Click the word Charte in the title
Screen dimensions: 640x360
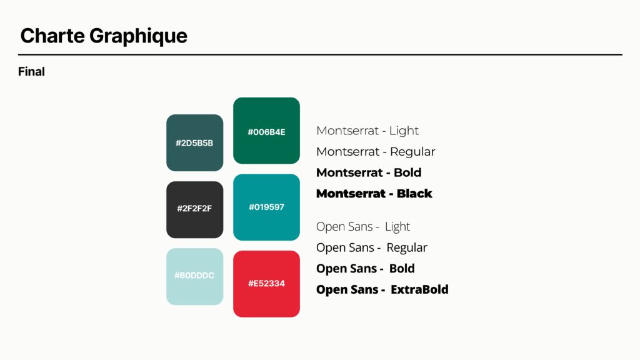point(52,36)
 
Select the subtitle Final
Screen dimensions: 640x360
point(31,71)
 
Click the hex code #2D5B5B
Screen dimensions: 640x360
point(194,143)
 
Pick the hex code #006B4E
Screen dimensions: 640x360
point(266,132)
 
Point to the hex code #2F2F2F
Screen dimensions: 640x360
point(194,208)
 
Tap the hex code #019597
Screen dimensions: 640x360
point(266,207)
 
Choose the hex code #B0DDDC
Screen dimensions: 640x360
point(194,276)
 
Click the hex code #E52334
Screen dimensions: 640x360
point(266,283)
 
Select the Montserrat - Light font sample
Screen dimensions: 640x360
point(367,131)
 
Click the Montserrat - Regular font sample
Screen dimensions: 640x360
point(376,152)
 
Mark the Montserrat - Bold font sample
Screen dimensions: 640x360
point(369,172)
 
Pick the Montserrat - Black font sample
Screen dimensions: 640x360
point(374,194)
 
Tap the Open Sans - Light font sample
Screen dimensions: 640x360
point(363,226)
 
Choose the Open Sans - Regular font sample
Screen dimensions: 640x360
point(371,247)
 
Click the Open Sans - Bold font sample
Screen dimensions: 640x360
point(365,269)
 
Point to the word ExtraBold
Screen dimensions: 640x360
point(419,289)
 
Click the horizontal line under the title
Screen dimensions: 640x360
point(320,54)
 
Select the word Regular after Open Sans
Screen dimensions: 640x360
point(406,247)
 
